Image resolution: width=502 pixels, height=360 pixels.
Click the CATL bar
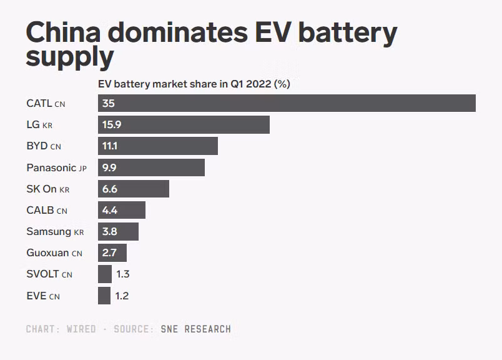[x=287, y=103]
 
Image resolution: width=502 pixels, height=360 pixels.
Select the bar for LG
[x=184, y=124]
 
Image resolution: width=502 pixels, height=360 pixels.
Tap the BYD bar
[x=158, y=146]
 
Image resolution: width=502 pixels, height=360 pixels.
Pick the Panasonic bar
[x=151, y=167]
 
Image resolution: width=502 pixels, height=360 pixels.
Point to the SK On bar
[x=134, y=189]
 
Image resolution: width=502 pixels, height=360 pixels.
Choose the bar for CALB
[x=122, y=210]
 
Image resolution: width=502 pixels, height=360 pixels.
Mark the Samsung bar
[x=118, y=231]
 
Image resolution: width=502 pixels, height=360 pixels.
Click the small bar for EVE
[x=104, y=296]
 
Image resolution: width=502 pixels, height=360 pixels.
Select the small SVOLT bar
[x=105, y=274]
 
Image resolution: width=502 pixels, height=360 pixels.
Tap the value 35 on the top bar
[x=109, y=104]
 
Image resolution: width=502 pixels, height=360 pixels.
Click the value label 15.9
[x=112, y=125]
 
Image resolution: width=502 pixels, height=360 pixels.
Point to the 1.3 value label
[x=122, y=274]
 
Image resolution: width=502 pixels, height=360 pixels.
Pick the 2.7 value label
[x=110, y=253]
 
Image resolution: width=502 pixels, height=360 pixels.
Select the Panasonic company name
[x=51, y=167]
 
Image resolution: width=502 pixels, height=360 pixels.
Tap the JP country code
[x=82, y=169]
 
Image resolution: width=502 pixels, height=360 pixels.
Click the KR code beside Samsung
[x=79, y=232]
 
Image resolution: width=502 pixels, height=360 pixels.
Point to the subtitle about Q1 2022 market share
[x=194, y=84]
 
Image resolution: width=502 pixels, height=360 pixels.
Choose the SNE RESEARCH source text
[x=195, y=329]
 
